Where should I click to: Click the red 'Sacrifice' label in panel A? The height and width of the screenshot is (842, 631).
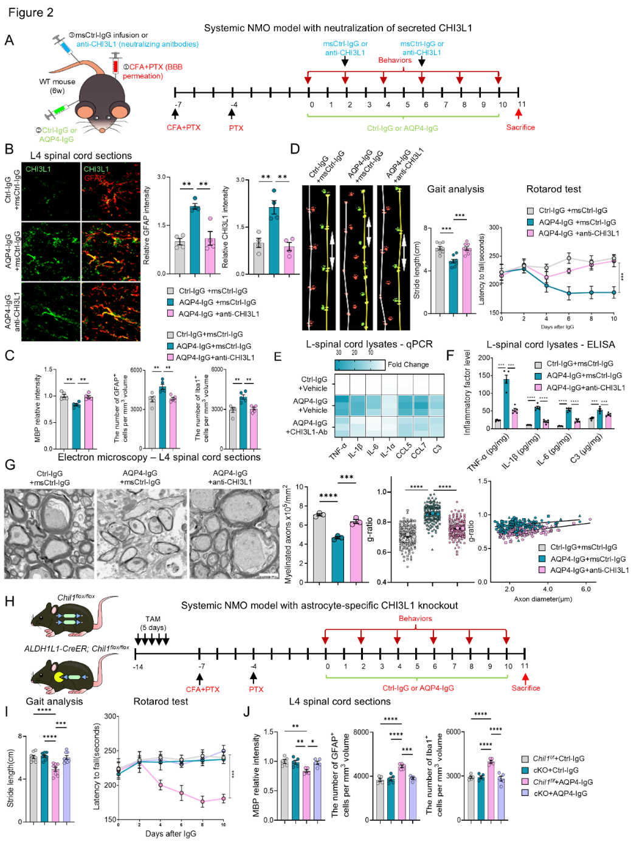pos(520,128)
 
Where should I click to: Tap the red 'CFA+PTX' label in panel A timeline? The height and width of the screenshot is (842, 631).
pos(184,128)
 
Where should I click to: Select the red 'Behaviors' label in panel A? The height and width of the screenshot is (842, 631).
pos(395,60)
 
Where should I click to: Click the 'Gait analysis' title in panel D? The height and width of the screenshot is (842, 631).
pos(455,189)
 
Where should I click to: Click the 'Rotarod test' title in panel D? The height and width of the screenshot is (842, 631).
pos(554,189)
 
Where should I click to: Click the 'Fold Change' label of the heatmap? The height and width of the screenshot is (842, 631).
pos(408,365)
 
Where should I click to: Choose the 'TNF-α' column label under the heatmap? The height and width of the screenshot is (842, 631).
pos(338,451)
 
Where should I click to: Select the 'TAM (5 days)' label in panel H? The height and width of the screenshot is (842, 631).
pos(153,623)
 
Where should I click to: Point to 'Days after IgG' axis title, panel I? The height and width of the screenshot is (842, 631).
pos(171,833)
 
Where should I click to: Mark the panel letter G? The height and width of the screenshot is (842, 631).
pos(10,465)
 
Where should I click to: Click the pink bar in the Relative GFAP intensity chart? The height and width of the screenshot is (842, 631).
pos(210,256)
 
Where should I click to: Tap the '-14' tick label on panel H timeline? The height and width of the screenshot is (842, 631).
pos(138,666)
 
